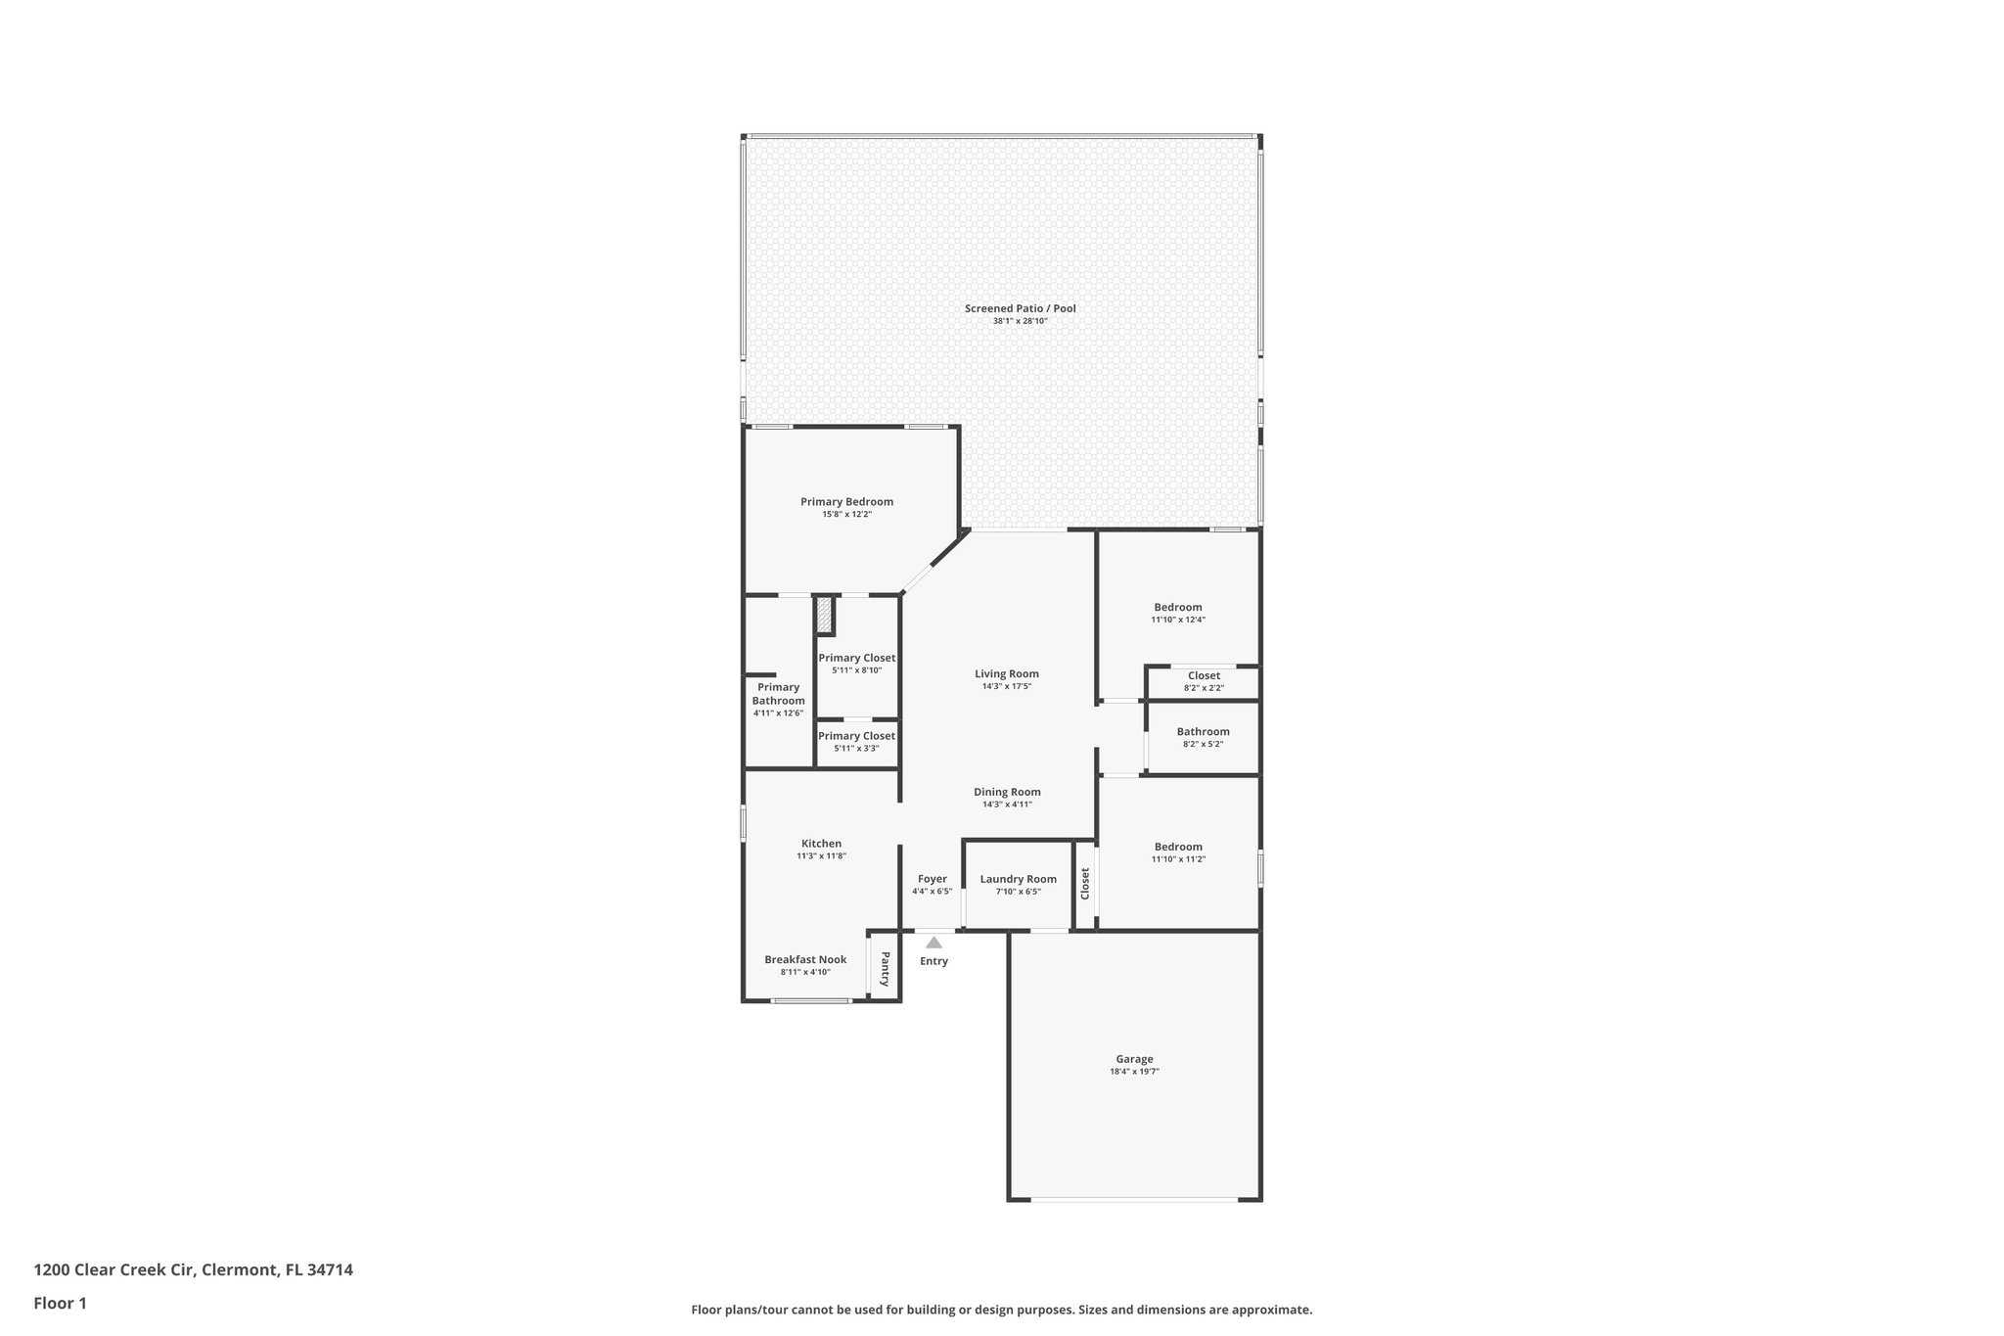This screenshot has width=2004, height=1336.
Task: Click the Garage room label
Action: pyautogui.click(x=1134, y=1059)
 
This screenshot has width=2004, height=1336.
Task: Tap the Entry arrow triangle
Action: pyautogui.click(x=934, y=943)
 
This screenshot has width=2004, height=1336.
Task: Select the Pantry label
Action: pyautogui.click(x=885, y=969)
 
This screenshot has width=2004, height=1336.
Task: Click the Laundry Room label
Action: pyautogui.click(x=1018, y=879)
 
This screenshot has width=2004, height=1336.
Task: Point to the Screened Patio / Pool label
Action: pyautogui.click(x=1020, y=308)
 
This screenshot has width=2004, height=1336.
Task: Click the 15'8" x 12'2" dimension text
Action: pyautogui.click(x=846, y=515)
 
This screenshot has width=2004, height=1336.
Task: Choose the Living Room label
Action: pyautogui.click(x=1006, y=673)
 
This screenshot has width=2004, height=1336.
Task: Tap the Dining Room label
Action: pyautogui.click(x=1007, y=792)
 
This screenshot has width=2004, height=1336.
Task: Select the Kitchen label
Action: pyautogui.click(x=821, y=844)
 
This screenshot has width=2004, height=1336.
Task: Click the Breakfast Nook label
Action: pyautogui.click(x=805, y=959)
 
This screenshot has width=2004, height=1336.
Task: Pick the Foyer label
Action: pyautogui.click(x=932, y=879)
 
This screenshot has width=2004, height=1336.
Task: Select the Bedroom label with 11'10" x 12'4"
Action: pyautogui.click(x=1177, y=607)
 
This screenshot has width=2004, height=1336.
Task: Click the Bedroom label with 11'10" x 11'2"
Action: pyautogui.click(x=1177, y=847)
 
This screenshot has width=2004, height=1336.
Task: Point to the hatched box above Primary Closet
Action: pyautogui.click(x=825, y=615)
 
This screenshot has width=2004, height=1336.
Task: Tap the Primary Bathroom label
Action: pyautogui.click(x=778, y=694)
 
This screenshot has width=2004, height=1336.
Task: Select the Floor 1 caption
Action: pyautogui.click(x=61, y=1304)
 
